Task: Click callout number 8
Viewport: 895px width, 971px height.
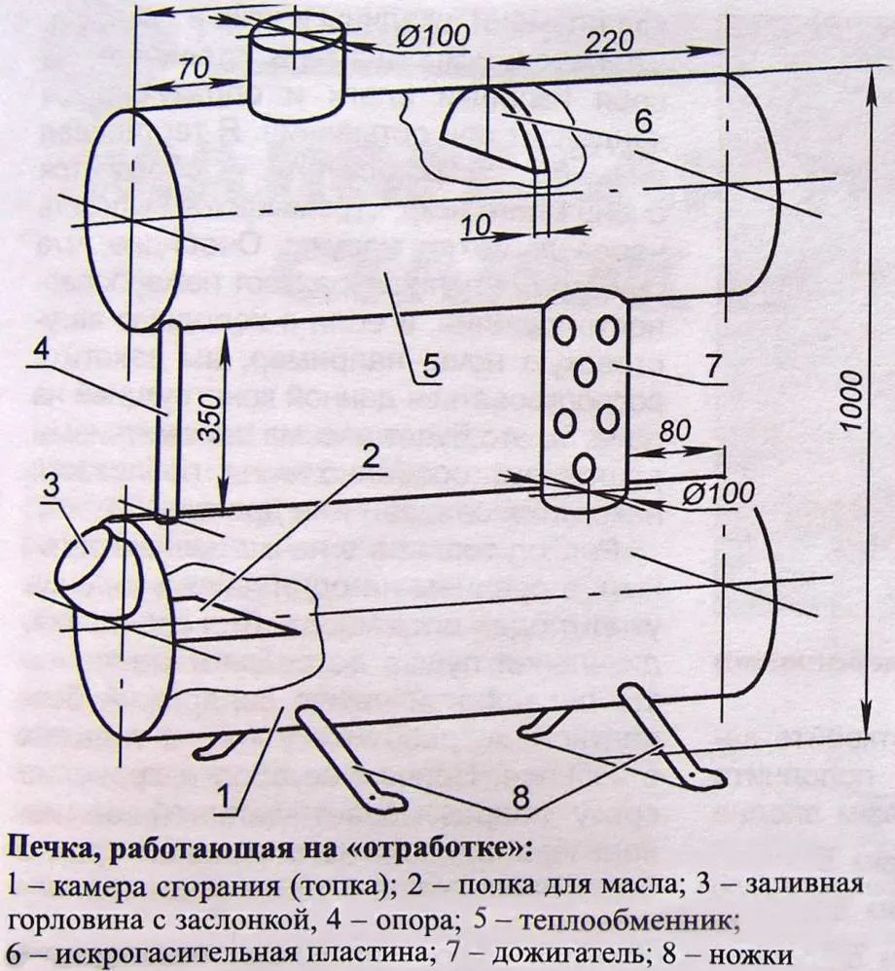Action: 520,798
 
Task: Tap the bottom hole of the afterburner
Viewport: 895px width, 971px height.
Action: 585,468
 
